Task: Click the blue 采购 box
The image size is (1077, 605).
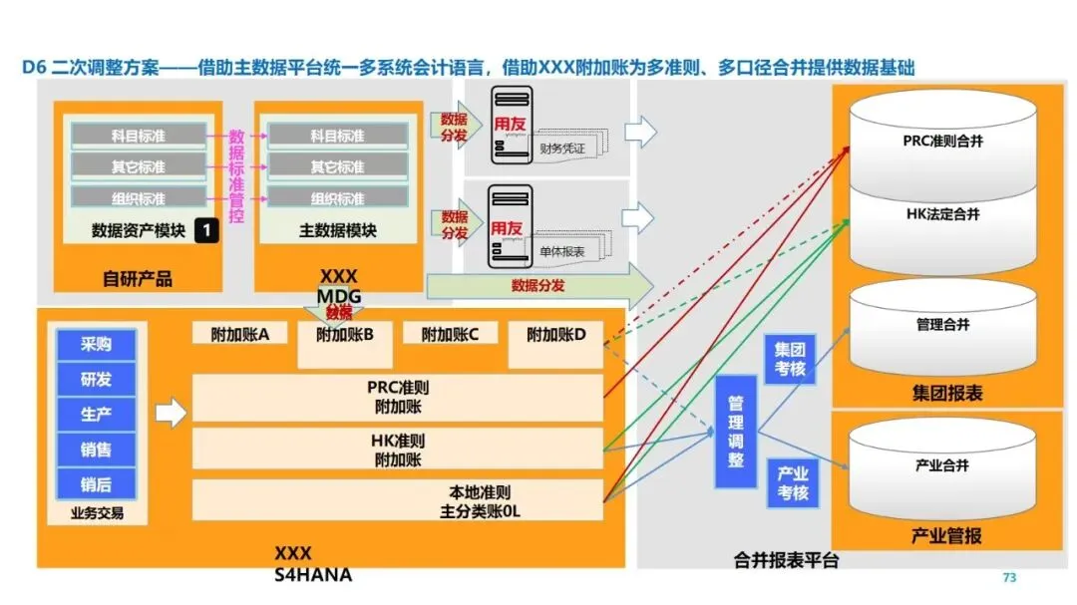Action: pyautogui.click(x=97, y=345)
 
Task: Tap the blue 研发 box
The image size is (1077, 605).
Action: pyautogui.click(x=97, y=380)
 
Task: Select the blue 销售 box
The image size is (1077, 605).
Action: pyautogui.click(x=97, y=450)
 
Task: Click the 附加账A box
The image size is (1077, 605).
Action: pyautogui.click(x=240, y=335)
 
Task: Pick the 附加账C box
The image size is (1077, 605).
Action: pyautogui.click(x=450, y=335)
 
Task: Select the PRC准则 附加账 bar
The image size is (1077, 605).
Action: pyautogui.click(x=398, y=397)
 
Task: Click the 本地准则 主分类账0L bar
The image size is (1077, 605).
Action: pyautogui.click(x=398, y=501)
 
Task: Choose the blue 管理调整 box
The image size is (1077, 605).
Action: pyautogui.click(x=736, y=432)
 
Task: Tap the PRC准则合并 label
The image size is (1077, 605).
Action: pyautogui.click(x=942, y=142)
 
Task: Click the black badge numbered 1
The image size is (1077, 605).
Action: pyautogui.click(x=205, y=230)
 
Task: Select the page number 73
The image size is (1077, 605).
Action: pyautogui.click(x=1008, y=578)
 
